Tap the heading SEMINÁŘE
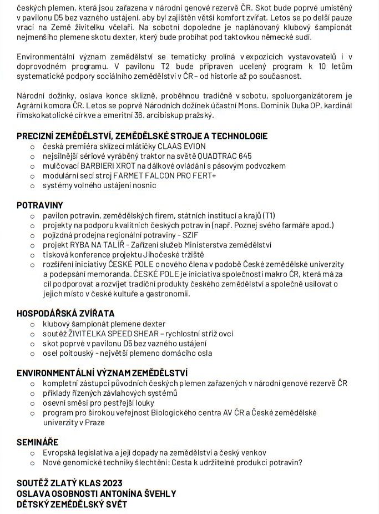click(38, 442)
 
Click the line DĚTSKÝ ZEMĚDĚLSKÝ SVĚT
click(72, 504)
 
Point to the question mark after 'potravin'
click(300, 462)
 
